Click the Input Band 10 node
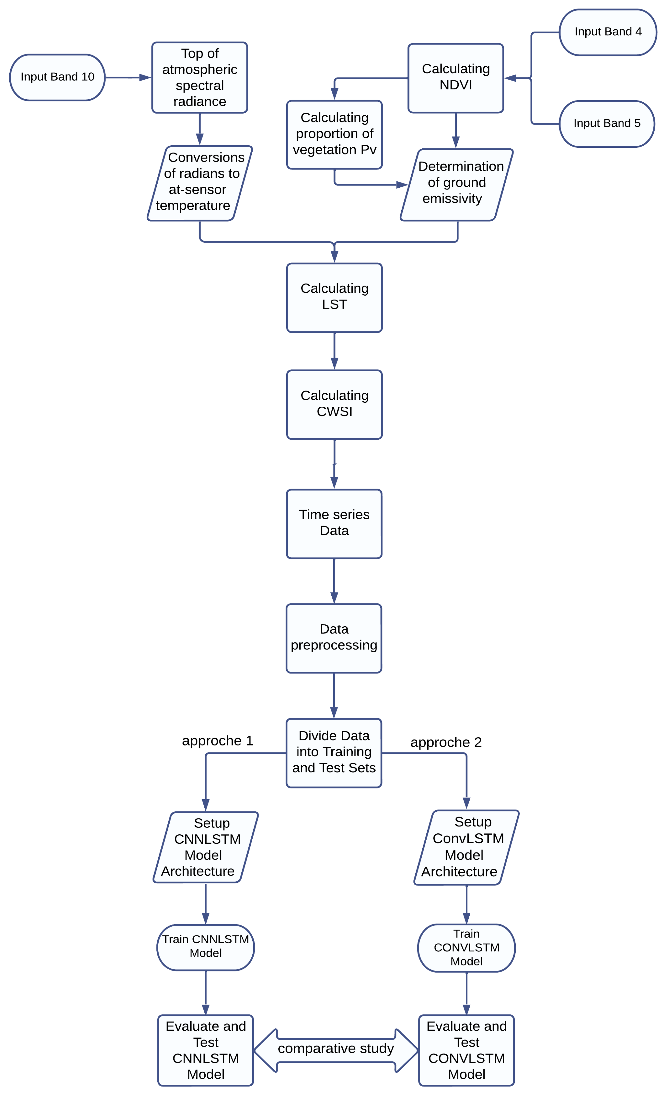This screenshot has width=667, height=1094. click(57, 77)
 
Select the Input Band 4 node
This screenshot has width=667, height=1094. click(607, 32)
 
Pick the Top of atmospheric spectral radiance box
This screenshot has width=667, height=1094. click(199, 77)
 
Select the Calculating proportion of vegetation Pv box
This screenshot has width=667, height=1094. click(334, 134)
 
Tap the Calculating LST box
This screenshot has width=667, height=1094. click(334, 297)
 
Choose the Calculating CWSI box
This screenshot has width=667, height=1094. click(334, 404)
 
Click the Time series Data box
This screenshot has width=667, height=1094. click(334, 523)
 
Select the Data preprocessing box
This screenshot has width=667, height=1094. click(334, 638)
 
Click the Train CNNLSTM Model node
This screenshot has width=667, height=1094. click(205, 947)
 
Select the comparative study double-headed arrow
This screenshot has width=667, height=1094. click(336, 1050)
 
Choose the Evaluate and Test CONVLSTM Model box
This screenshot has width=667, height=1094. click(466, 1050)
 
